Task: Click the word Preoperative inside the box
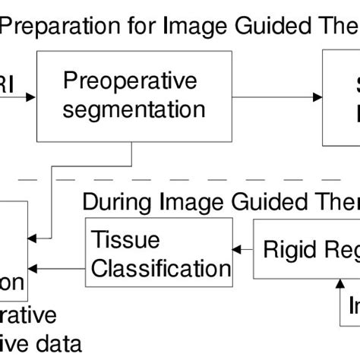pos(130,81)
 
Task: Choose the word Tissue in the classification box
pos(115,239)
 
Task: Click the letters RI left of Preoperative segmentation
pos(6,81)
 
